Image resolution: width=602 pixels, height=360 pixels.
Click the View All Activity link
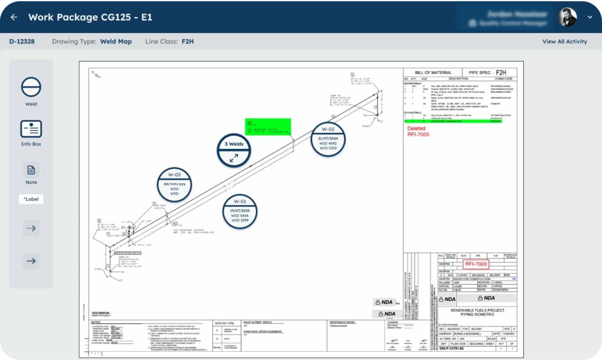click(564, 42)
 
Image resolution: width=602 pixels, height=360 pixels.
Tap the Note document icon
click(31, 170)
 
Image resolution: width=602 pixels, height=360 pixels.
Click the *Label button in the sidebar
click(31, 199)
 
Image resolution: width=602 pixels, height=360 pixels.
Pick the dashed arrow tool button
click(31, 228)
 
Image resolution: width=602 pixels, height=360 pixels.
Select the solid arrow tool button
click(31, 261)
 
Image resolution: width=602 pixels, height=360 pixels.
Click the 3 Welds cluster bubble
click(234, 149)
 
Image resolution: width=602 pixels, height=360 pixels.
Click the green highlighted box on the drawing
click(268, 126)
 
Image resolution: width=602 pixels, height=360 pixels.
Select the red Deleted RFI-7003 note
click(418, 131)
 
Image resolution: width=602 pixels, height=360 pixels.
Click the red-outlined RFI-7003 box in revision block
click(476, 264)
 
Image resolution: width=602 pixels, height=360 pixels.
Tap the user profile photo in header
click(567, 17)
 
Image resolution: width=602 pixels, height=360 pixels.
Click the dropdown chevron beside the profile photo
click(590, 18)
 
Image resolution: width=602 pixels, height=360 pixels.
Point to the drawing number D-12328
click(22, 42)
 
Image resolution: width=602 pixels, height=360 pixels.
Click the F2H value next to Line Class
click(188, 42)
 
